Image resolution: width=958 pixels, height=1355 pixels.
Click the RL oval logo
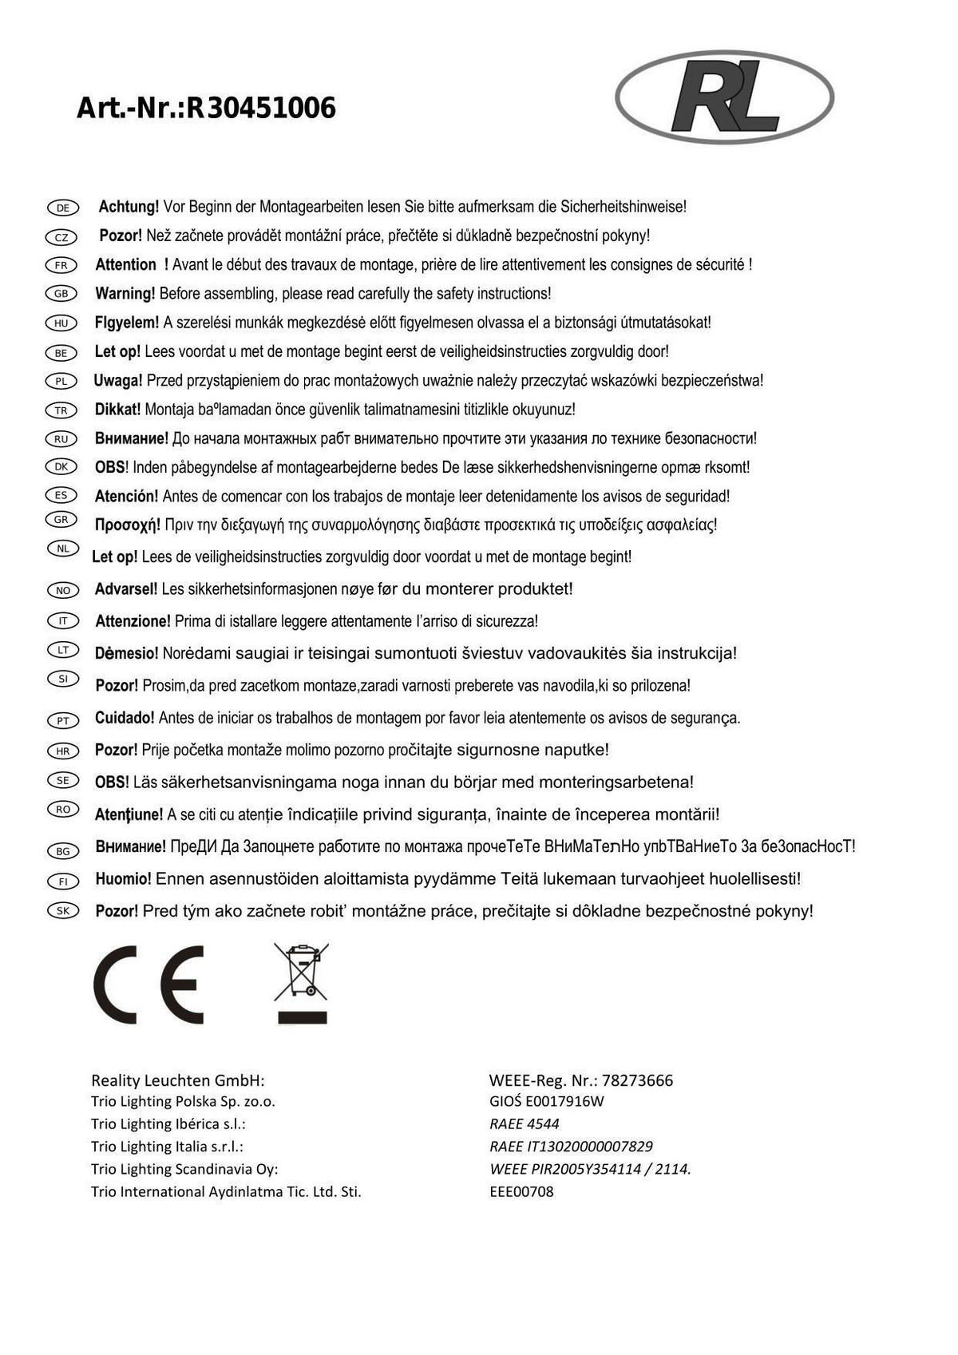[724, 97]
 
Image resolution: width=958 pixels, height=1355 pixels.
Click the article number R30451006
[261, 108]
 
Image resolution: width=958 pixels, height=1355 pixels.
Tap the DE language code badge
[62, 208]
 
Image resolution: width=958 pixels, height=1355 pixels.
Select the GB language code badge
[61, 294]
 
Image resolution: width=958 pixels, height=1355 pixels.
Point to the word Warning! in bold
[125, 294]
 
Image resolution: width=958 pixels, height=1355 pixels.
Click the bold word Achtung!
[129, 207]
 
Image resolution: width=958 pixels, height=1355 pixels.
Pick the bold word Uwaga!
[118, 381]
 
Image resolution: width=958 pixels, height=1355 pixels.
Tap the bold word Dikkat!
[117, 410]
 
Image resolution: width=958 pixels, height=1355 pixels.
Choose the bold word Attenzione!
[133, 621]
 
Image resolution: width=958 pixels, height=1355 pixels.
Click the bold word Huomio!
[123, 879]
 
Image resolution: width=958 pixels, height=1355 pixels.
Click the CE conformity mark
[148, 985]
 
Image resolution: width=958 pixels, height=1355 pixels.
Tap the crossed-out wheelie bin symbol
[302, 982]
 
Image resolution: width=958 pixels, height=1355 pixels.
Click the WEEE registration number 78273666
[637, 1080]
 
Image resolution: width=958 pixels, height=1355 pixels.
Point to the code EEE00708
[521, 1191]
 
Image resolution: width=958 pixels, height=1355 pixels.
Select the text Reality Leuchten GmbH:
[177, 1080]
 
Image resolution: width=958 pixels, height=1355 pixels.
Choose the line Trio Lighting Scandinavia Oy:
[184, 1169]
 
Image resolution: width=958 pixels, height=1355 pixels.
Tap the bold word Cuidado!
[125, 718]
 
